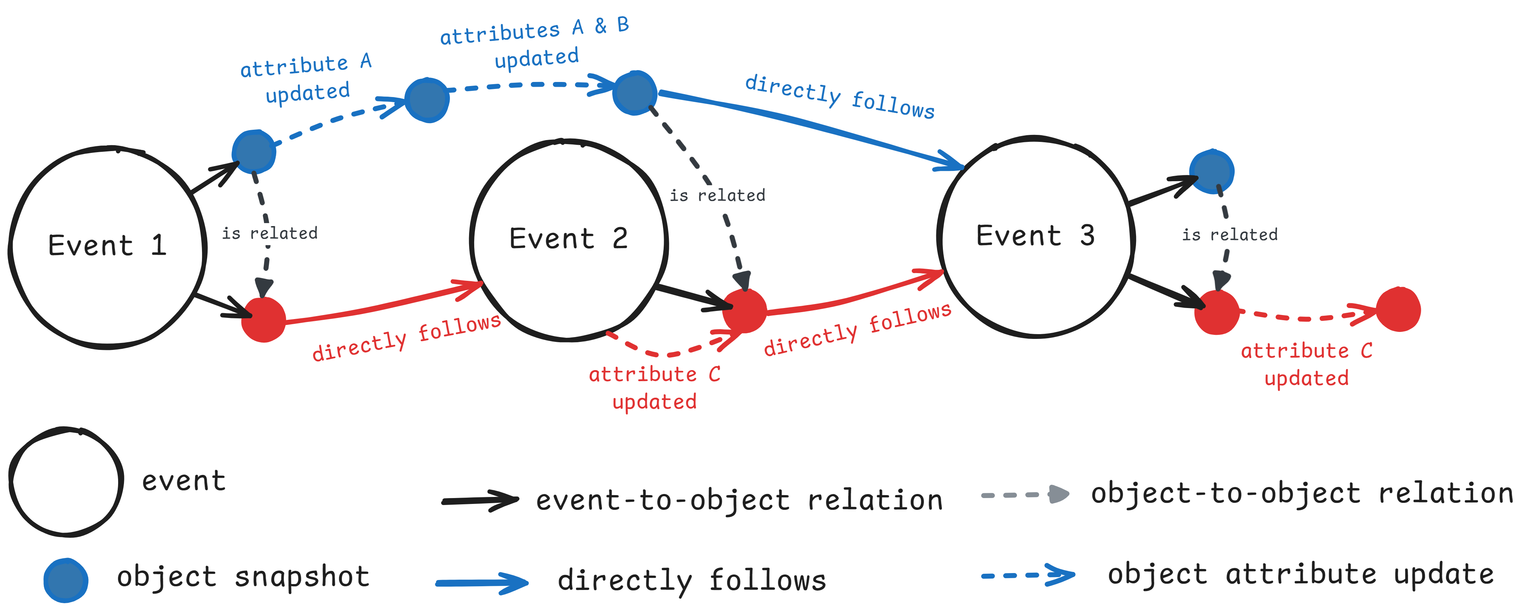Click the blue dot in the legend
click(66, 580)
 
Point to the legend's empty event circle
click(66, 482)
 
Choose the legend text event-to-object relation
click(739, 501)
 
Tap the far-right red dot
click(1398, 309)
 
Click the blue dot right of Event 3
click(1212, 172)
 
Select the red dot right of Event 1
click(264, 320)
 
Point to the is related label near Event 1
click(270, 233)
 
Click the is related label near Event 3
click(1230, 235)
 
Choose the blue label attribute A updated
click(306, 79)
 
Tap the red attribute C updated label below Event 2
click(654, 388)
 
